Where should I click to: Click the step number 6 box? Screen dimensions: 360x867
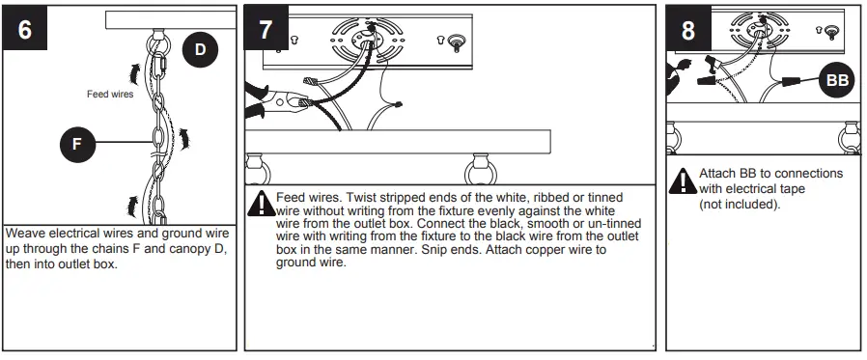pyautogui.click(x=23, y=29)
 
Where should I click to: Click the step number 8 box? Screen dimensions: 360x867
pyautogui.click(x=687, y=29)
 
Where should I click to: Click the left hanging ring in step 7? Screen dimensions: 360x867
pyautogui.click(x=258, y=171)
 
